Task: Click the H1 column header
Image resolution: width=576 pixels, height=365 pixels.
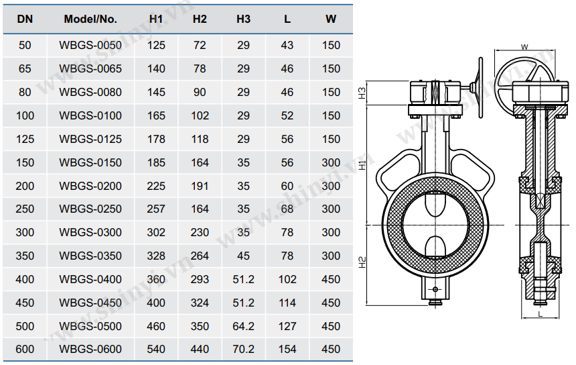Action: click(156, 19)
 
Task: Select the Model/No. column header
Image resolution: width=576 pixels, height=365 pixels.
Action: click(90, 19)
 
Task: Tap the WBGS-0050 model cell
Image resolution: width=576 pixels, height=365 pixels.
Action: click(90, 45)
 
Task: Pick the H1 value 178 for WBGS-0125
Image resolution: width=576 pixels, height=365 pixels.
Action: click(156, 139)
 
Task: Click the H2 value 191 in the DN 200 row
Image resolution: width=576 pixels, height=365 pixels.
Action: click(200, 186)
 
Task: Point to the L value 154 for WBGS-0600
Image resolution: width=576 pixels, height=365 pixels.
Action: click(287, 349)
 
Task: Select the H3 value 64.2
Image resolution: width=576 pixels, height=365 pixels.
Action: click(244, 326)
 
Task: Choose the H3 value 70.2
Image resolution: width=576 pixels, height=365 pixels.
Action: click(244, 349)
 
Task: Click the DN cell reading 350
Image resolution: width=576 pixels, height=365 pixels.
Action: click(25, 256)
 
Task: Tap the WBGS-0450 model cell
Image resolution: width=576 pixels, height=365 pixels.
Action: click(90, 303)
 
